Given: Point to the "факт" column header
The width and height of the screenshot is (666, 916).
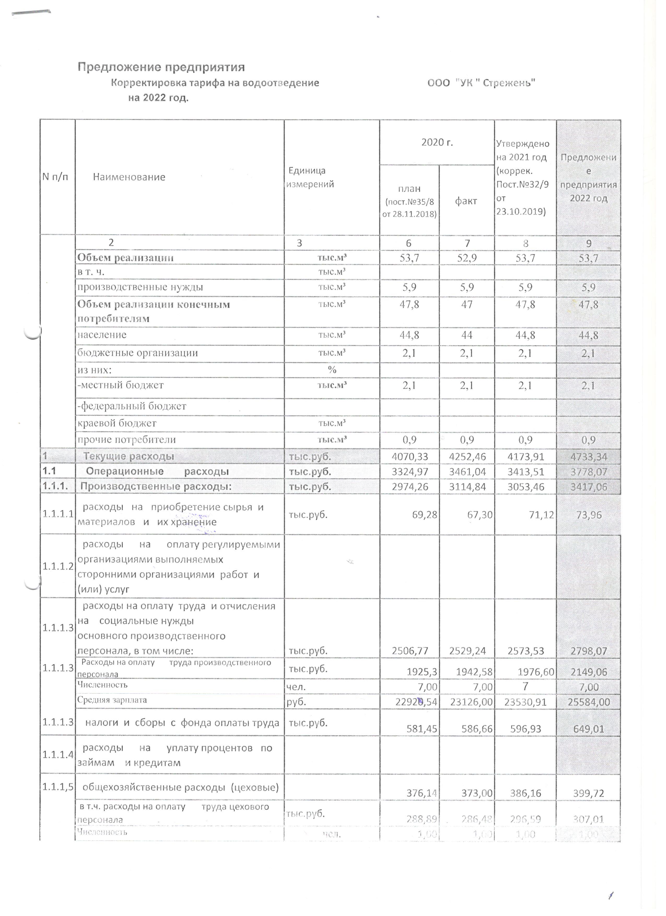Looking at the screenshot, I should tap(466, 201).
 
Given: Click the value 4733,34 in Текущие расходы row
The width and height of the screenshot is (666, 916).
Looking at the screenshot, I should tap(588, 457).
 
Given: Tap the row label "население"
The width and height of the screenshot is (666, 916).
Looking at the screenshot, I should tap(102, 335).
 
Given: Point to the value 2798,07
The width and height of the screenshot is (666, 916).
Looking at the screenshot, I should tap(588, 651).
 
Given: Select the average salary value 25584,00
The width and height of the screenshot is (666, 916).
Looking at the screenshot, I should tap(588, 702).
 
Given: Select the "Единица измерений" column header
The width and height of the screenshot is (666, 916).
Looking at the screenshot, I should tap(310, 177).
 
